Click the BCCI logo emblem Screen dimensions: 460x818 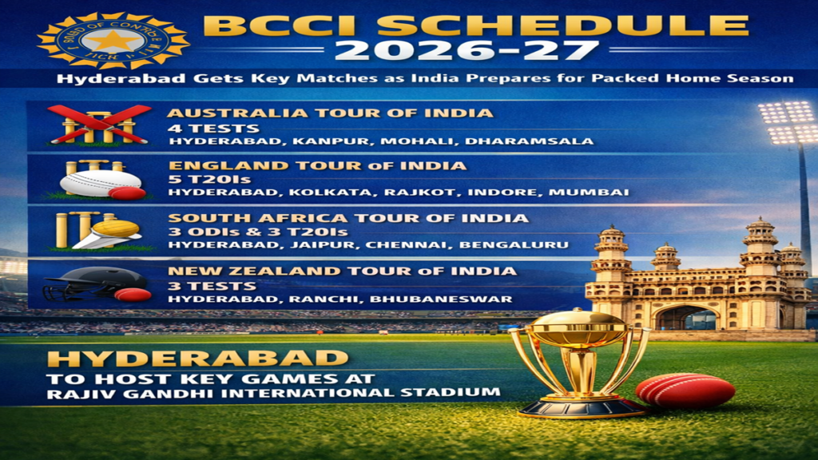[113, 39]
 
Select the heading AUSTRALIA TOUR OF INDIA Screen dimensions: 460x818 [330, 113]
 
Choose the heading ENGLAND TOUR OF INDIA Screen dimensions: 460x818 [316, 165]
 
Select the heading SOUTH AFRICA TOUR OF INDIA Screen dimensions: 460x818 [347, 218]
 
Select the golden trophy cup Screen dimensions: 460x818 [579, 351]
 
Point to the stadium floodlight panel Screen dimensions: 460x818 [788, 122]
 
